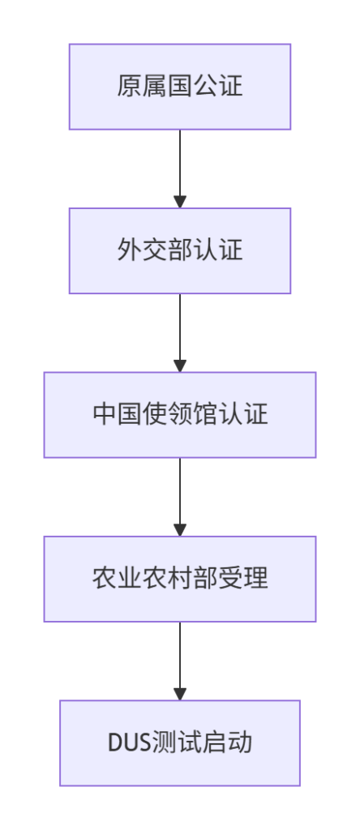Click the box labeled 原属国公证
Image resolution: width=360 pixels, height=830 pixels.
[180, 87]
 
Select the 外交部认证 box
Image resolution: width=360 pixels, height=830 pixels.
[180, 251]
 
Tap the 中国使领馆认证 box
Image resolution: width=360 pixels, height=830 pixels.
[180, 415]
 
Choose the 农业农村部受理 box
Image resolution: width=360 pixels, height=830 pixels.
[180, 579]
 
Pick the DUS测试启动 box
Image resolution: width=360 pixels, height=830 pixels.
[180, 743]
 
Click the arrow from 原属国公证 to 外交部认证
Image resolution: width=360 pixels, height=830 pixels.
[180, 169]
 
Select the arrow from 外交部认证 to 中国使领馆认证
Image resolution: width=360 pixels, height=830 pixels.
[180, 333]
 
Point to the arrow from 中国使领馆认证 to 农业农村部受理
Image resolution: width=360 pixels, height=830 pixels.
[180, 497]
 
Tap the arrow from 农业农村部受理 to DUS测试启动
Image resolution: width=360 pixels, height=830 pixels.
[180, 661]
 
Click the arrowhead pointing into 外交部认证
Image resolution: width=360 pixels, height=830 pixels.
[180, 202]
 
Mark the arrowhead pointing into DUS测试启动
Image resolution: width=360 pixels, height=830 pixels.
[180, 694]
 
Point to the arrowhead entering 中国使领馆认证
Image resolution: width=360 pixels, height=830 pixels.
[180, 366]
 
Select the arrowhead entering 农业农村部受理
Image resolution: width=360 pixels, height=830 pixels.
[180, 530]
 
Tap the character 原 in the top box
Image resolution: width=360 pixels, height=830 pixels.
[129, 86]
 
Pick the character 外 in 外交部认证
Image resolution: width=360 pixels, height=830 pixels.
[129, 250]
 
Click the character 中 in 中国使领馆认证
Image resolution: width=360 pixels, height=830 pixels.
[105, 414]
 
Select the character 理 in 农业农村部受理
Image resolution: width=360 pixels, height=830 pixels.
[256, 579]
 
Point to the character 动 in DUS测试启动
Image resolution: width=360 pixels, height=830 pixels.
[240, 742]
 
